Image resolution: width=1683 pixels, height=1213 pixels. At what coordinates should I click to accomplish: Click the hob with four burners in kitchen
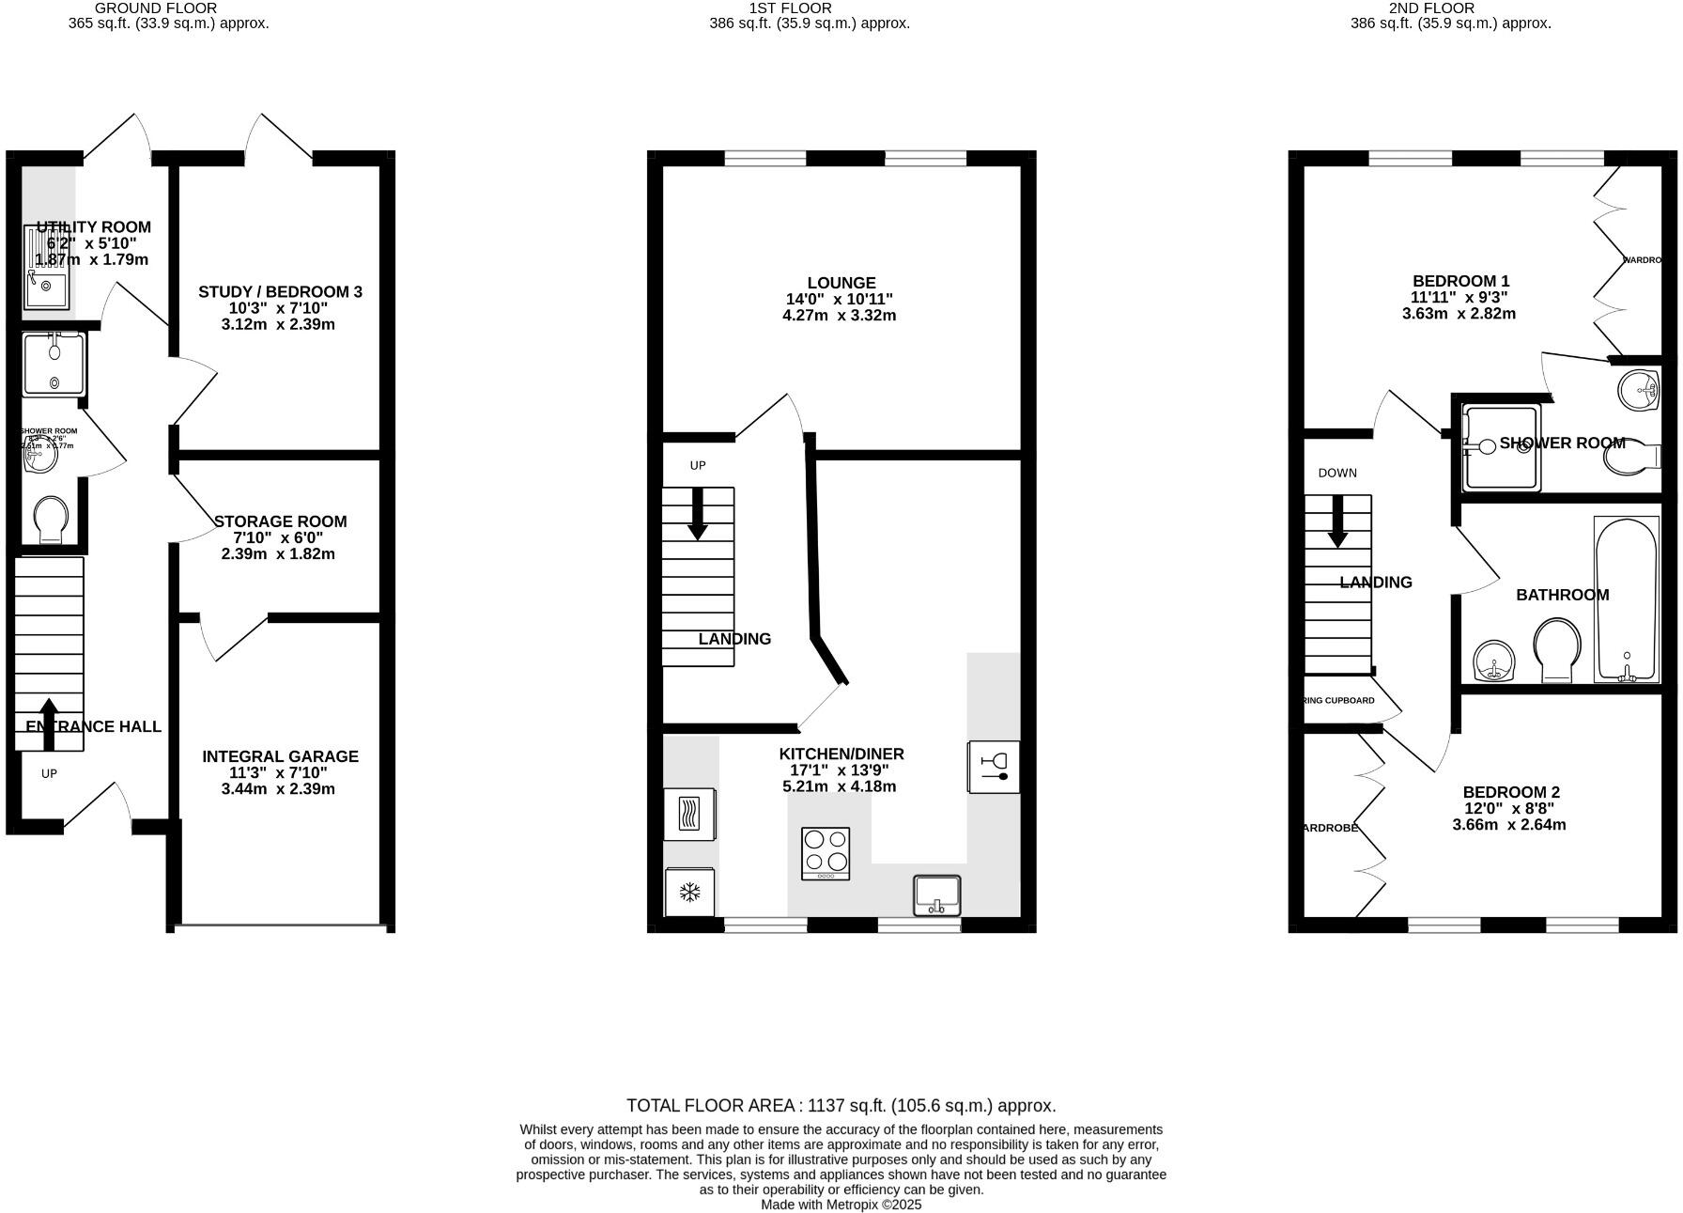[x=826, y=852]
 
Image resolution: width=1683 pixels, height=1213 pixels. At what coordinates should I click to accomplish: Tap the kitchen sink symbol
[x=937, y=894]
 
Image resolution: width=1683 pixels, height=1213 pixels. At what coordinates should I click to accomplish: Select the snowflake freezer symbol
[x=690, y=892]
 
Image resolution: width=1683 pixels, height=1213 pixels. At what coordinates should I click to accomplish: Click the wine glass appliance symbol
[x=994, y=767]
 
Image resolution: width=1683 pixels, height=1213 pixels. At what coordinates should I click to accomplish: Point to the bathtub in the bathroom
[x=1626, y=599]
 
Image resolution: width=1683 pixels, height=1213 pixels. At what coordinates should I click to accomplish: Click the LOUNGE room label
[x=841, y=283]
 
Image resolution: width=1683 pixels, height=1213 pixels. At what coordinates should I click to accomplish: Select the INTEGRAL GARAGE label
[x=280, y=756]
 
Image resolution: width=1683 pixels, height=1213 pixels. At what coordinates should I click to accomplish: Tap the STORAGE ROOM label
[x=280, y=521]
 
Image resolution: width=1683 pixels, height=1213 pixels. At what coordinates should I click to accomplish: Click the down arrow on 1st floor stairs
[x=697, y=514]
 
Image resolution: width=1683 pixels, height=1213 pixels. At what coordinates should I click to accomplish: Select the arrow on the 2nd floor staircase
[x=1336, y=521]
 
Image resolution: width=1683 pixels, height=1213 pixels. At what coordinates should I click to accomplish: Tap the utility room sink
[x=46, y=288]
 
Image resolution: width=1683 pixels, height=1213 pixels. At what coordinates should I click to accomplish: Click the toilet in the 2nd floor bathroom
[x=1556, y=648]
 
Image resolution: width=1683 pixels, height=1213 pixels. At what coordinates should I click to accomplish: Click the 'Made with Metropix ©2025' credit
[x=841, y=1205]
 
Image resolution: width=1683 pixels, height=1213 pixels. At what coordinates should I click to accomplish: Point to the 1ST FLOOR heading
[x=790, y=8]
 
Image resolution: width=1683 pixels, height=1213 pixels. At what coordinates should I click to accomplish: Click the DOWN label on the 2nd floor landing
[x=1336, y=473]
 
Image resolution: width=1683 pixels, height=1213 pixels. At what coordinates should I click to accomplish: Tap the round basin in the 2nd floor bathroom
[x=1493, y=661]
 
